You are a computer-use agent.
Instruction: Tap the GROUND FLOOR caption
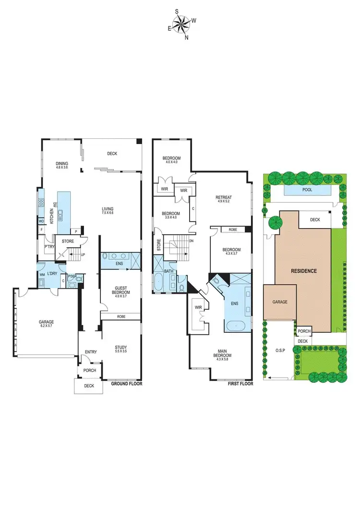(x=127, y=384)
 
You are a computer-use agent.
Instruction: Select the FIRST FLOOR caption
(x=240, y=384)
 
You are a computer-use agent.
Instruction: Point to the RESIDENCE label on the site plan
(x=304, y=271)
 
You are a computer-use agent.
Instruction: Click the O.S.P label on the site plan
(x=281, y=350)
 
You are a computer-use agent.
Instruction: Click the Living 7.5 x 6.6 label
(x=108, y=211)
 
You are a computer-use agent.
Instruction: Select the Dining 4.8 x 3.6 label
(x=62, y=165)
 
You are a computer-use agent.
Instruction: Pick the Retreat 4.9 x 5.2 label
(x=224, y=199)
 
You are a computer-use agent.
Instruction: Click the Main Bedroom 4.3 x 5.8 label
(x=223, y=357)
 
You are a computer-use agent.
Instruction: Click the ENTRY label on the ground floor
(x=91, y=352)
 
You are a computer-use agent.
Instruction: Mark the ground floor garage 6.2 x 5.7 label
(x=47, y=324)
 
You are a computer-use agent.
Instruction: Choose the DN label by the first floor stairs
(x=192, y=241)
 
